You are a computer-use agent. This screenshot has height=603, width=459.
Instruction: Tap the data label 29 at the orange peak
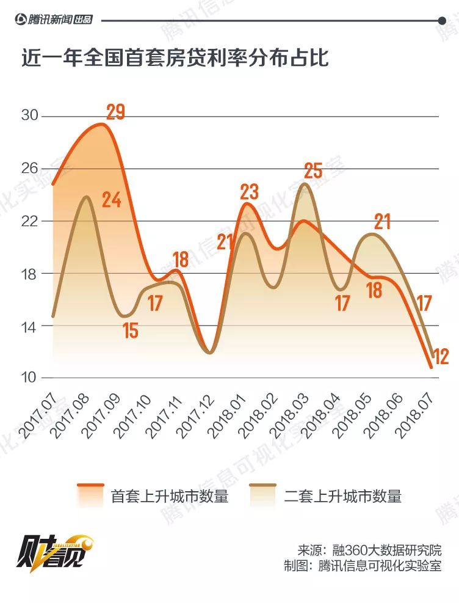(115, 112)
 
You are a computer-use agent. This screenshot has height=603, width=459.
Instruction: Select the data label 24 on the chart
(111, 200)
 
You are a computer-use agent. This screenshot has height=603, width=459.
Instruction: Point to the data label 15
(130, 331)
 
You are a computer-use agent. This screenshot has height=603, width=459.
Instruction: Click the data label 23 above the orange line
(249, 192)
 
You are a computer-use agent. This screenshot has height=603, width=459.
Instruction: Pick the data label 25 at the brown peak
(313, 170)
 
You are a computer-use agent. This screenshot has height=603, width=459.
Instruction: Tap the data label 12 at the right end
(439, 356)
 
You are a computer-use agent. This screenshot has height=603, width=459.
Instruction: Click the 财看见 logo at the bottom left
(54, 551)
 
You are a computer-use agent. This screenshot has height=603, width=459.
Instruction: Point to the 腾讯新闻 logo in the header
(54, 20)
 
